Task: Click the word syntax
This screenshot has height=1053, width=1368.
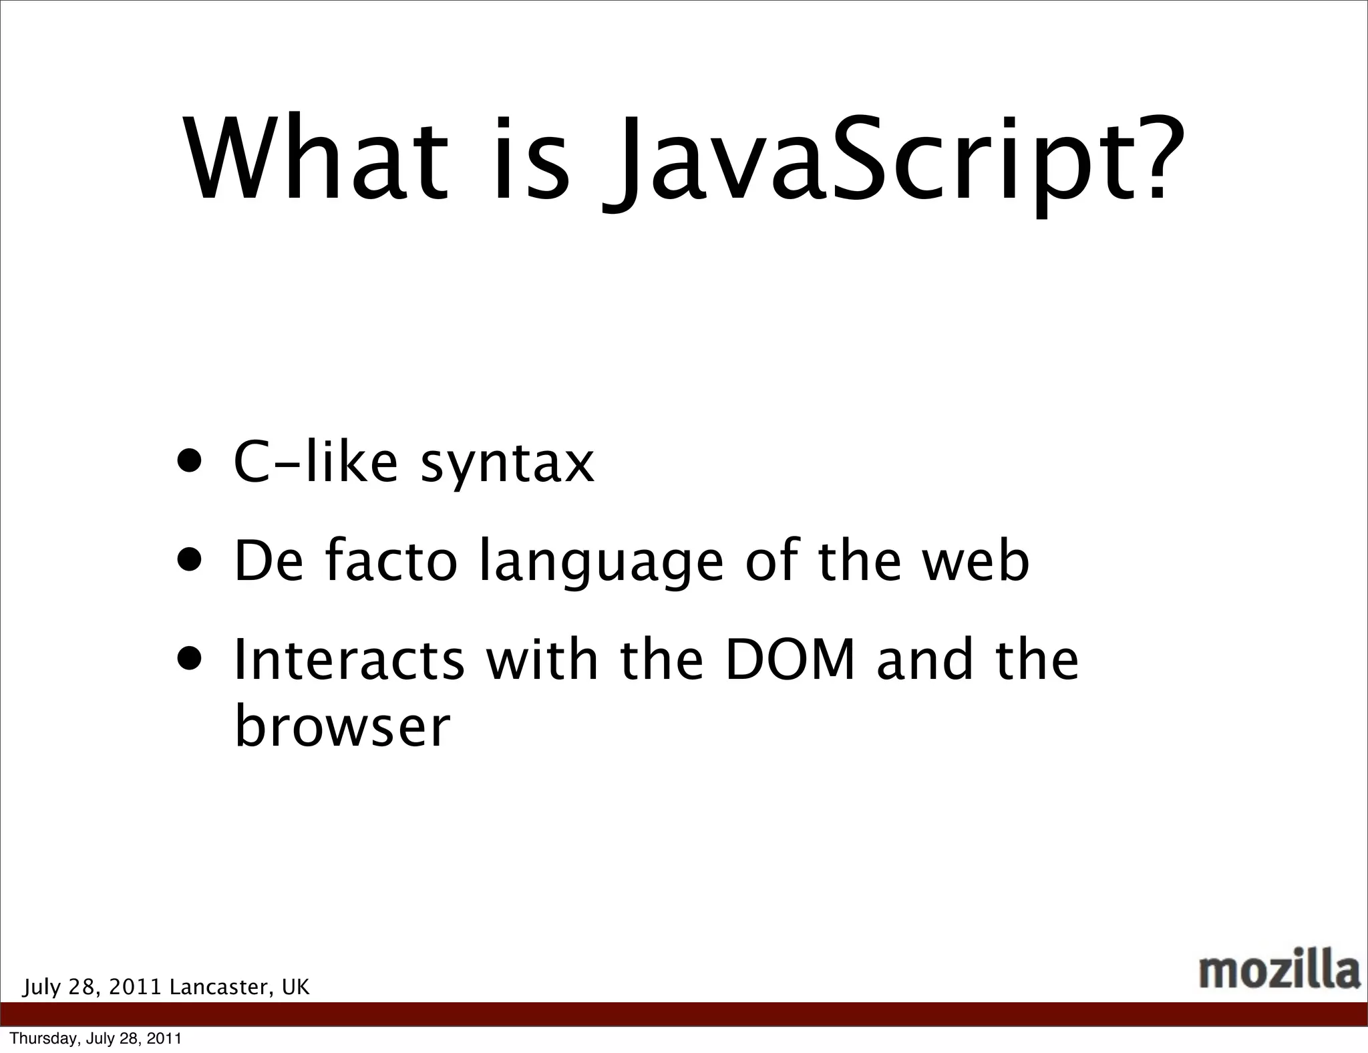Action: (x=507, y=464)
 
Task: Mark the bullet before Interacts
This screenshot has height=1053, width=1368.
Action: (x=190, y=657)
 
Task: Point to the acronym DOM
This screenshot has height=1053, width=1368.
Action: (x=790, y=659)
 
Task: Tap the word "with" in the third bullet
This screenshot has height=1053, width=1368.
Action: (x=542, y=659)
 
